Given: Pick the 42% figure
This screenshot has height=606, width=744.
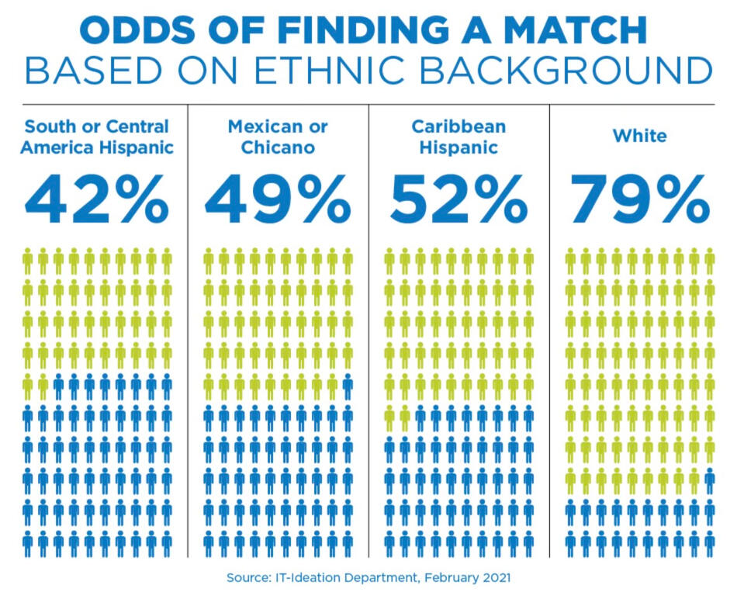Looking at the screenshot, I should coord(96,199).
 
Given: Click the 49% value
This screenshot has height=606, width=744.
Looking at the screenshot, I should coord(277,199).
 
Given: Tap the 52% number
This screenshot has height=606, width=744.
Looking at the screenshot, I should coord(459,199).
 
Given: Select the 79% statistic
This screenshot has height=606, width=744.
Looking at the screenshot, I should coord(639,199).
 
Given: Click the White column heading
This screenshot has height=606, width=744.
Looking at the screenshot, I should coord(639,136).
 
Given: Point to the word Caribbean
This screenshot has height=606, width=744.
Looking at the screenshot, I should coord(459,126).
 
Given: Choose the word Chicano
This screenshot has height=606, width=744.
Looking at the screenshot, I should coord(277,147).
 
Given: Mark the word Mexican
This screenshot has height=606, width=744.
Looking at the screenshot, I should coord(257,126).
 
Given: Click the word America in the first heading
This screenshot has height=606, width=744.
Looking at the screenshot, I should coord(54,147).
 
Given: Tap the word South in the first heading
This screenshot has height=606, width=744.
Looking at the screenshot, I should coord(47,126).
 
